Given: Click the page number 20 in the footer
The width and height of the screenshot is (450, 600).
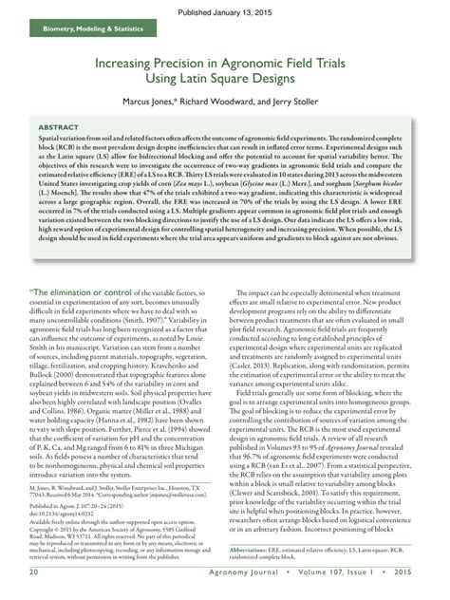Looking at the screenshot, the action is click(x=34, y=573).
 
